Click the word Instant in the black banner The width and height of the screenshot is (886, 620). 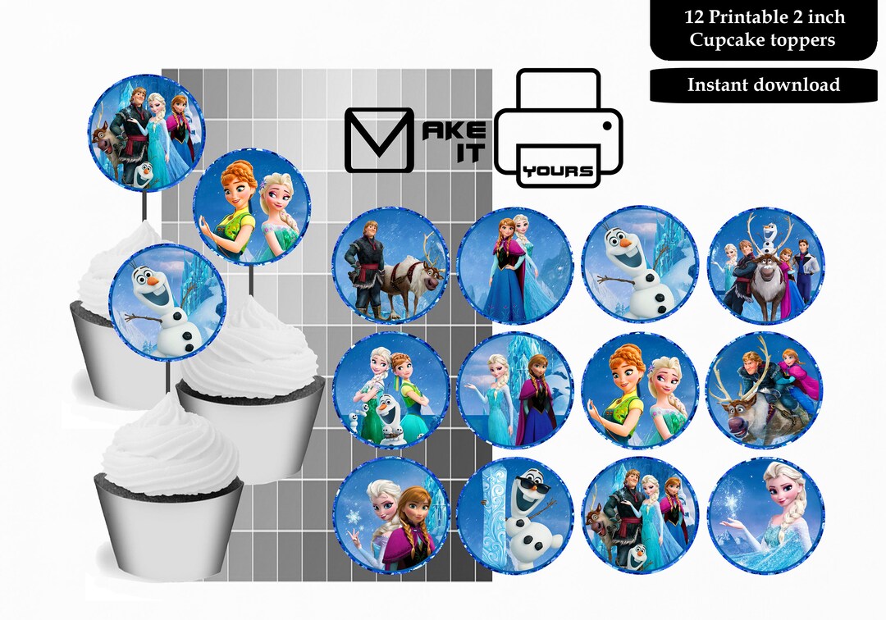[716, 84]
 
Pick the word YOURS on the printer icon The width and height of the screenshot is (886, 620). [558, 171]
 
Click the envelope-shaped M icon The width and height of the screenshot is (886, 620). [377, 139]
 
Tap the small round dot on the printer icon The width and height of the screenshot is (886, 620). [607, 125]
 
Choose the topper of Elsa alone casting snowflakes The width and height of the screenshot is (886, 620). [765, 515]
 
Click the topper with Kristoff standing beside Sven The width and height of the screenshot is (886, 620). [390, 266]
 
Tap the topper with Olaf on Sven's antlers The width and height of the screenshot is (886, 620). [765, 265]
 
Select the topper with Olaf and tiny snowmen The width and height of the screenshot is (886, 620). [390, 390]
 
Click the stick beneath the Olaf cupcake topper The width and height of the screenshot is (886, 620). [169, 377]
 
